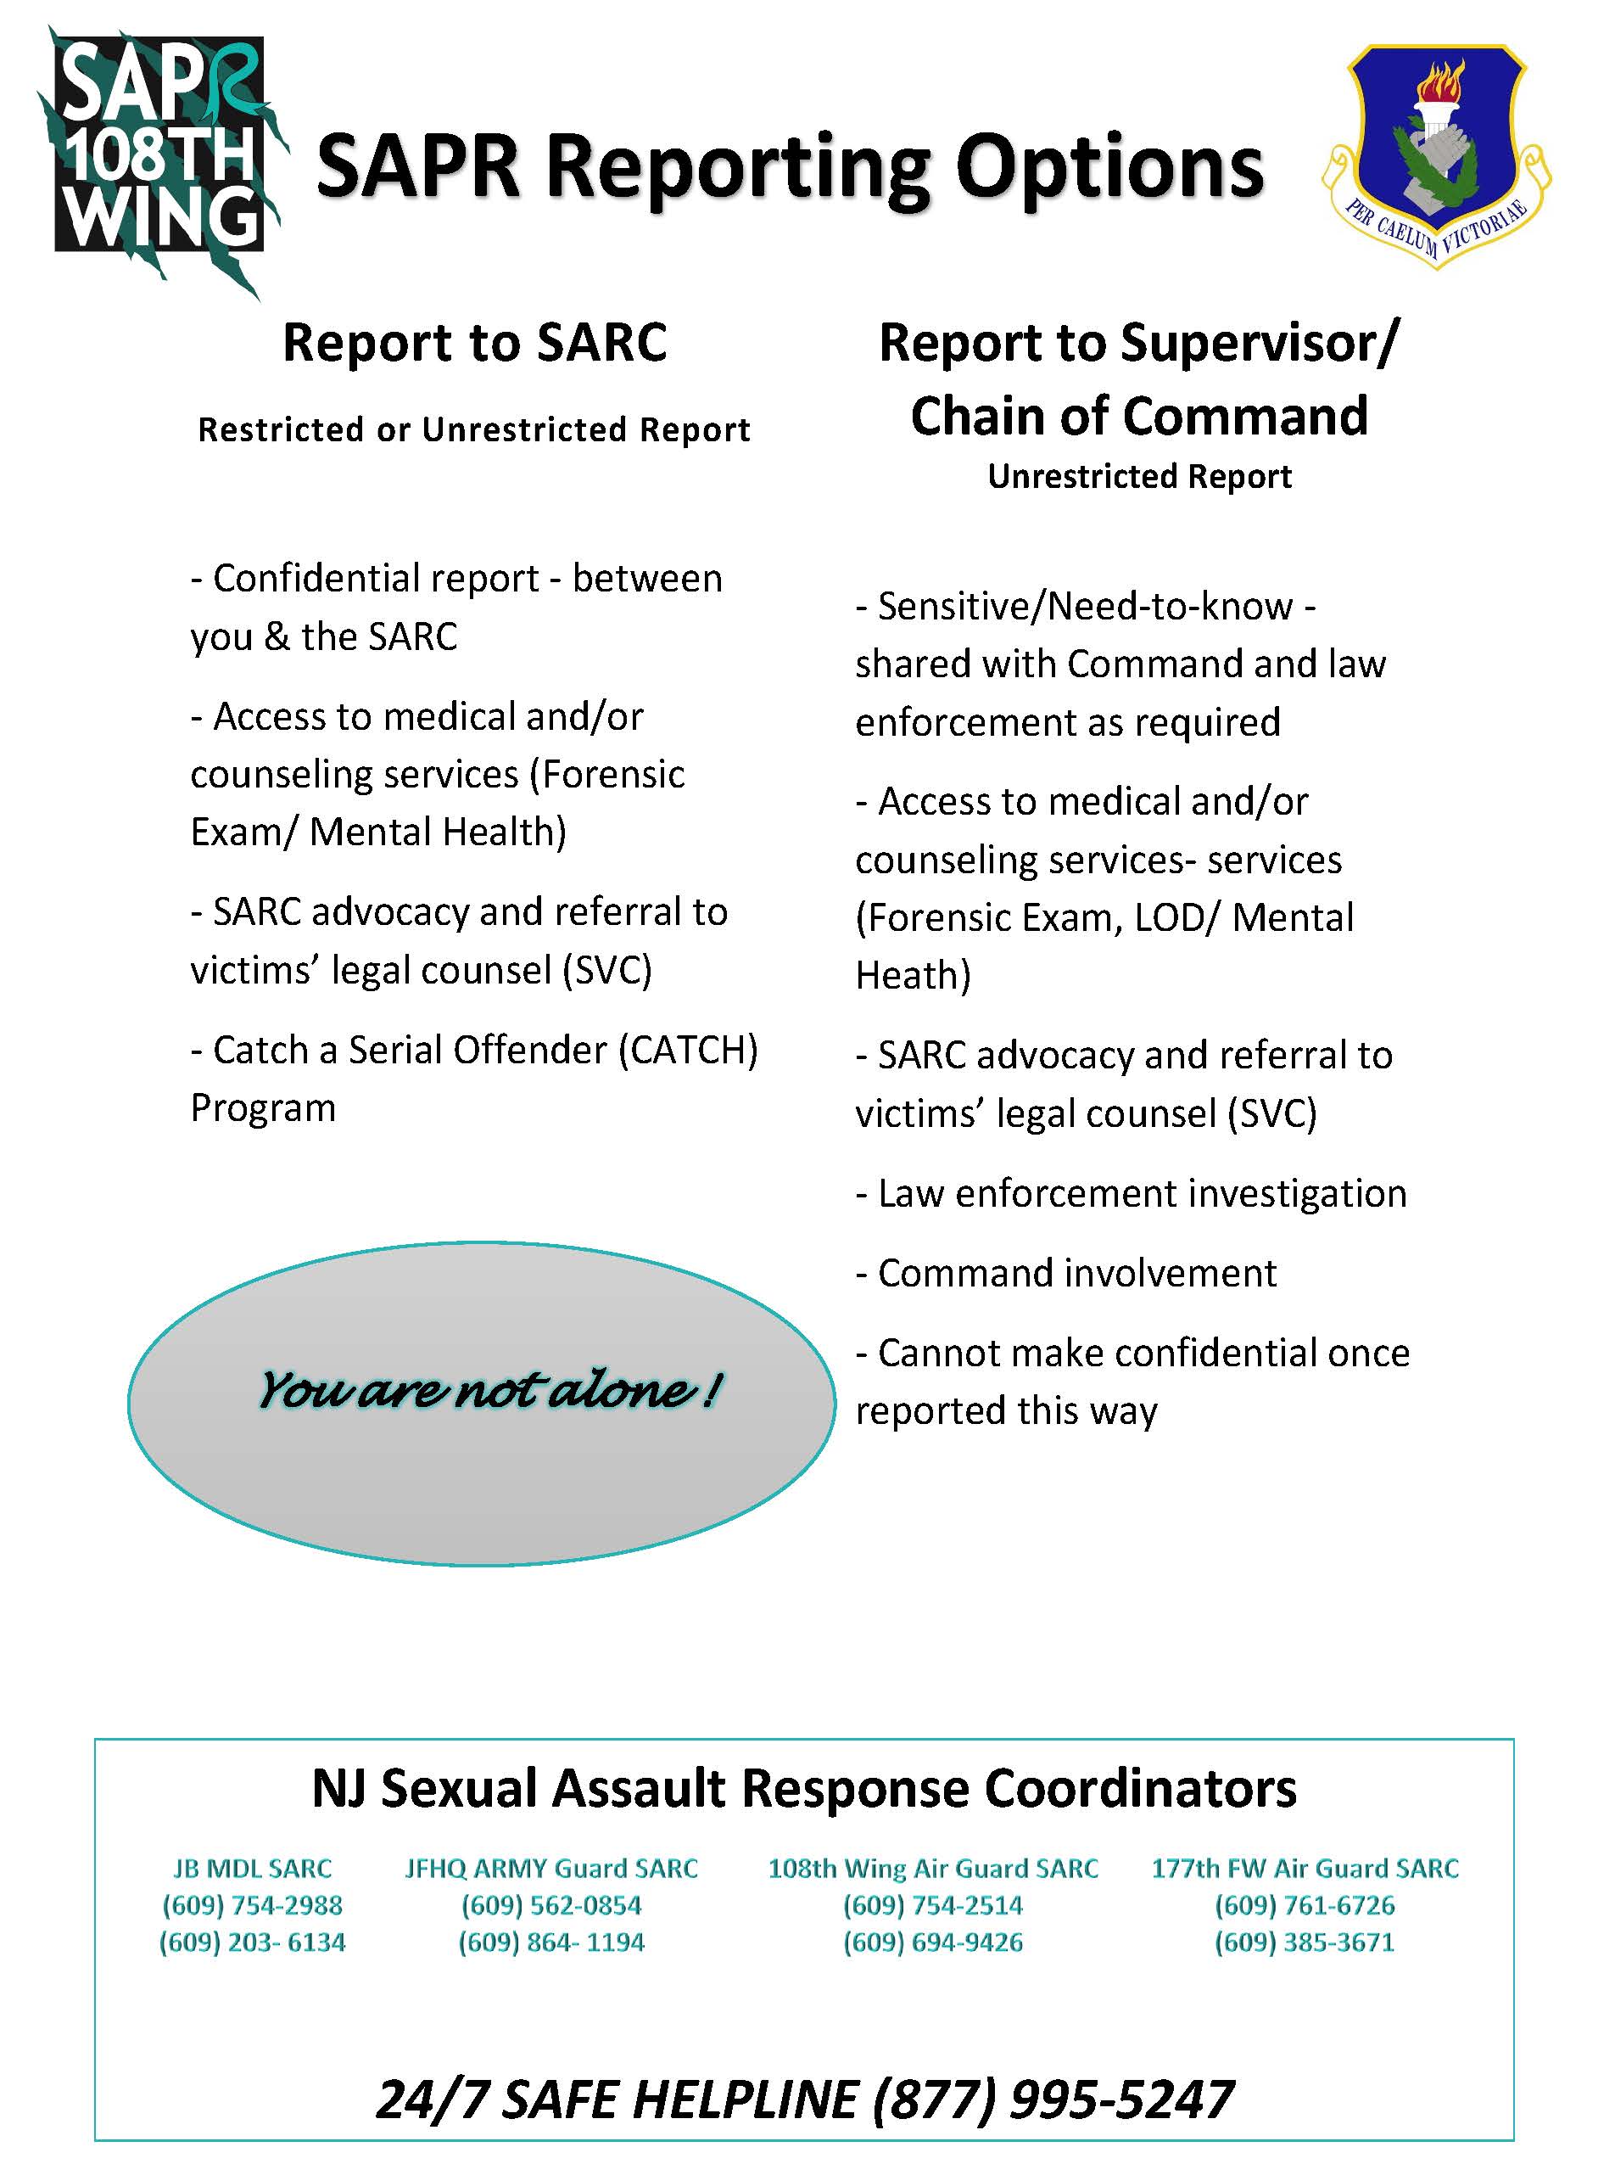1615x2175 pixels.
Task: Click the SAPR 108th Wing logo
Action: point(161,156)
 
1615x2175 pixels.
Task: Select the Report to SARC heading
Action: point(474,344)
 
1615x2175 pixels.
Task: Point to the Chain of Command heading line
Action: point(1139,416)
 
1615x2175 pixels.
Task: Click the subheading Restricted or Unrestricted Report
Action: point(474,430)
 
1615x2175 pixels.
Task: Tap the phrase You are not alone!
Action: point(489,1390)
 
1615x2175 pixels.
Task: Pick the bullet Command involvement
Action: point(1065,1273)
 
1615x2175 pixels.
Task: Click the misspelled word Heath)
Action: point(912,976)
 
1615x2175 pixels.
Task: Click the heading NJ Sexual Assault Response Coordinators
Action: point(803,1790)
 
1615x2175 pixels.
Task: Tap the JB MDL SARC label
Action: point(252,1869)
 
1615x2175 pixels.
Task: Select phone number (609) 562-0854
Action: point(551,1905)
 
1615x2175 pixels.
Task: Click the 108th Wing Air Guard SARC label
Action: point(933,1869)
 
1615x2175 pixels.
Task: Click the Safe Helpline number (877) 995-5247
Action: point(1052,2099)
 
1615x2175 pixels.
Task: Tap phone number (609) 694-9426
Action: point(933,1942)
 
